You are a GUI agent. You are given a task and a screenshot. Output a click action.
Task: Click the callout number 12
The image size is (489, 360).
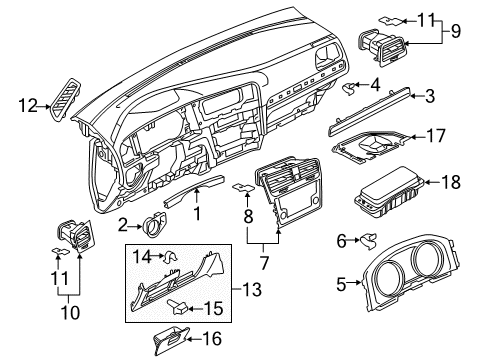pos(28,106)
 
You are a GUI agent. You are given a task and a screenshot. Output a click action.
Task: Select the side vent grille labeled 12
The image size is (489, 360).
pos(66,98)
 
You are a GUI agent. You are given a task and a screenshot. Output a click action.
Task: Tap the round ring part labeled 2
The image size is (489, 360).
pos(154,224)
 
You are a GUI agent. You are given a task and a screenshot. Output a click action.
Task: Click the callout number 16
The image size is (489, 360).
pos(212,339)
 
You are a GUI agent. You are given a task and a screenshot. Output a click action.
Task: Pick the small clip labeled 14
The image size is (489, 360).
pos(170,257)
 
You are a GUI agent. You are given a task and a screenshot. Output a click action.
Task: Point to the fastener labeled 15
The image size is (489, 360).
pos(179,307)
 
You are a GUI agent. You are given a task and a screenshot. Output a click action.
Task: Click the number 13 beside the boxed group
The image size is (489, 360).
pos(252,289)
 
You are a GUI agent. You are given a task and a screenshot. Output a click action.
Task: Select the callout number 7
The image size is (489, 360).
pos(264,263)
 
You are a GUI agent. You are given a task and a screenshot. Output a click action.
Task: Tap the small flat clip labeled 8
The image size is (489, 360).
pos(243,188)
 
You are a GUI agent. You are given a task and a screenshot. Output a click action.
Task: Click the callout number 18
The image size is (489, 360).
pos(451,182)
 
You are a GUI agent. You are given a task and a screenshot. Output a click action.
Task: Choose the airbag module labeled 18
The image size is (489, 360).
pos(389,192)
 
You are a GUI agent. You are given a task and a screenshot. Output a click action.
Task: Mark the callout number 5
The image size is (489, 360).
pos(341,285)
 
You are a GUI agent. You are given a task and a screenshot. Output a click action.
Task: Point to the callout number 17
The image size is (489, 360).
pos(436,136)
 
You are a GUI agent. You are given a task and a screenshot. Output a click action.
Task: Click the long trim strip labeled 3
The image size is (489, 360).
pos(369,111)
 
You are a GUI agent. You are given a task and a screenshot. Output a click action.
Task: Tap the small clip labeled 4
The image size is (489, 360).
pos(349,88)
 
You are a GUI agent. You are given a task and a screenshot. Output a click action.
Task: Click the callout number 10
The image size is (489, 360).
pos(71,312)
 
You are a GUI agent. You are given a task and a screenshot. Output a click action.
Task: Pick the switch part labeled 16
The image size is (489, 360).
pos(171,340)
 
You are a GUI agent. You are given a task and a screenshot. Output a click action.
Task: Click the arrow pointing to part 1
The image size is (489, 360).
pos(197,196)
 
